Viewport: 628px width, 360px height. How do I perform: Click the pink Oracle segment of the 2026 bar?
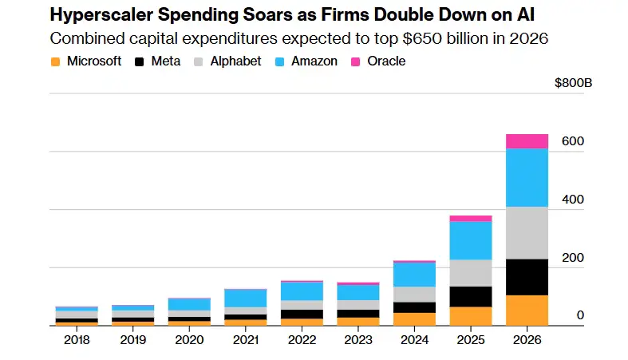click(x=527, y=141)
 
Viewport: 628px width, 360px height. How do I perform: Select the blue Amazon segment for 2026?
click(x=527, y=178)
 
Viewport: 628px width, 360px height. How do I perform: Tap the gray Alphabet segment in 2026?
click(x=527, y=233)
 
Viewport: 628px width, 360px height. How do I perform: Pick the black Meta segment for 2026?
click(x=527, y=277)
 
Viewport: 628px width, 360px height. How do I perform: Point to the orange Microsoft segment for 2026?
click(x=527, y=310)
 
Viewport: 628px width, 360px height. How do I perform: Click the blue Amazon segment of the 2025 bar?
click(x=470, y=240)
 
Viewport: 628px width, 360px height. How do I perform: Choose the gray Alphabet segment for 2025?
click(x=470, y=273)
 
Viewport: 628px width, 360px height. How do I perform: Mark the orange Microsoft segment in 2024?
click(x=413, y=318)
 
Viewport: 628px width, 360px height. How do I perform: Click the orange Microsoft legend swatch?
click(x=54, y=61)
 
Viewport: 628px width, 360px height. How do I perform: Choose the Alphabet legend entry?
click(x=236, y=61)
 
